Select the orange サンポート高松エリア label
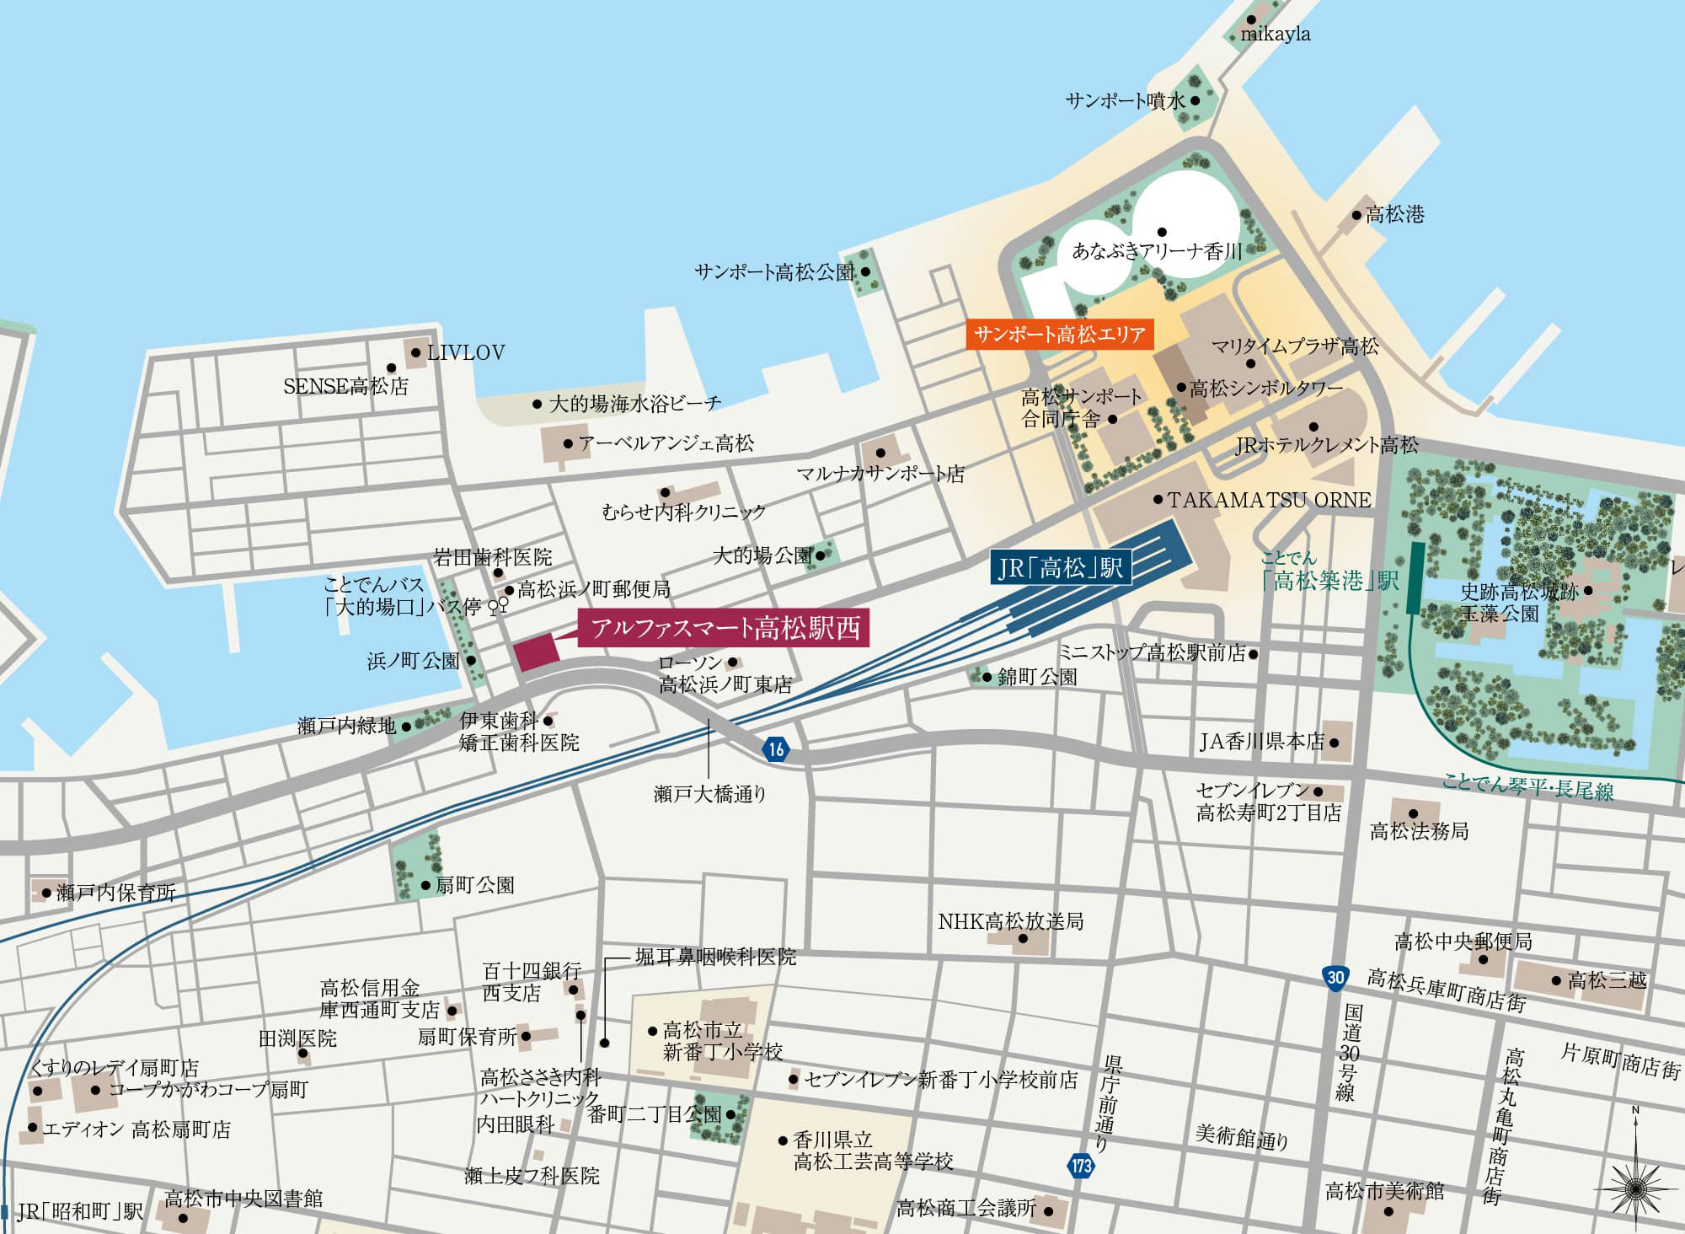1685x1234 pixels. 1059,335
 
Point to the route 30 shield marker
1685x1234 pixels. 1335,977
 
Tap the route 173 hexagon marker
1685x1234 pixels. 1082,1167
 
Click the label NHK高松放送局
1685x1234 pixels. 1010,921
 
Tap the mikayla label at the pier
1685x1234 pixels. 1276,35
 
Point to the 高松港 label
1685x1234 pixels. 1394,215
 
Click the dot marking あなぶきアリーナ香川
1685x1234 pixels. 1161,232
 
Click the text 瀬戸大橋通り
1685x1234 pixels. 709,793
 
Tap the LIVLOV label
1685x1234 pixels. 466,352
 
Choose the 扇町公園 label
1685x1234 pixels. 474,885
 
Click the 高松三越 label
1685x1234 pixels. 1606,980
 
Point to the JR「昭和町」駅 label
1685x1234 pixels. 81,1212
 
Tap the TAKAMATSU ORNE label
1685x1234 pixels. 1269,500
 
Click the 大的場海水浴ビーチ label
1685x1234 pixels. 635,404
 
